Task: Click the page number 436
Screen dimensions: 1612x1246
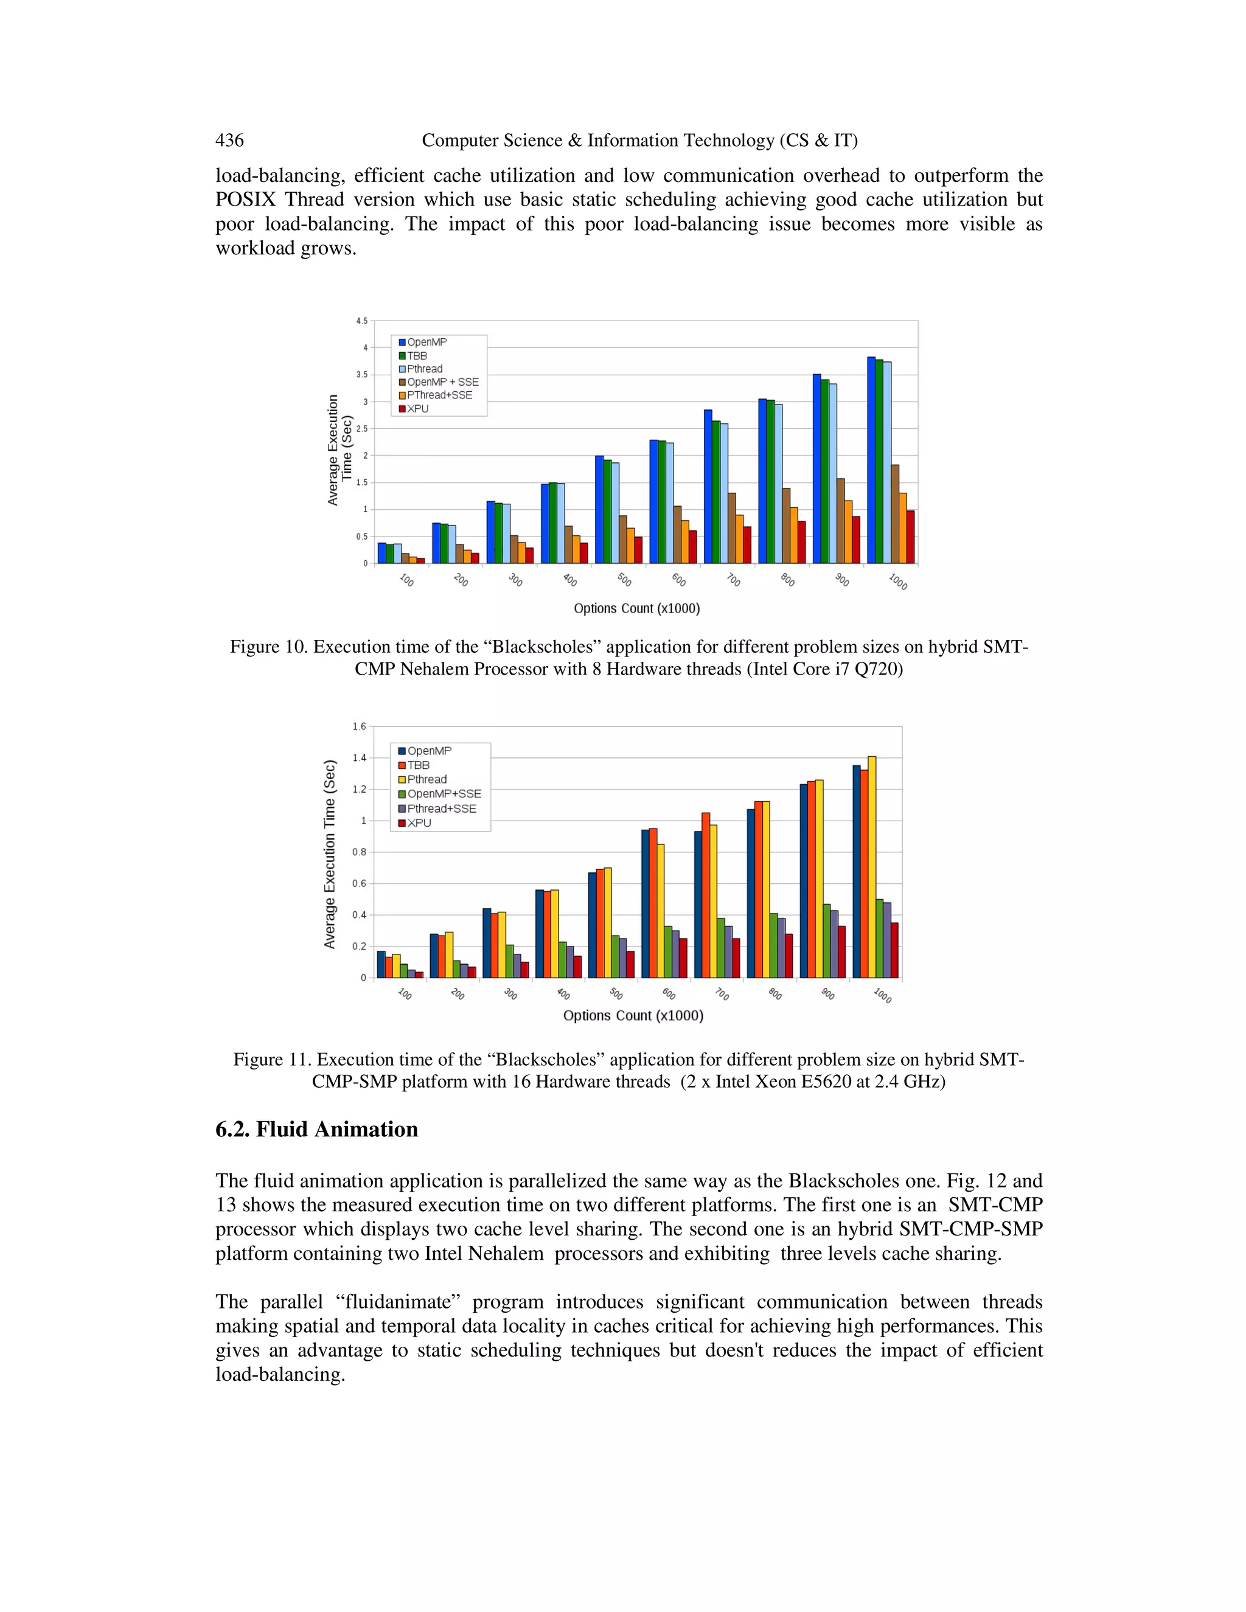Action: pos(229,141)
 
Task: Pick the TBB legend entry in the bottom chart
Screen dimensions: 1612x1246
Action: pos(418,765)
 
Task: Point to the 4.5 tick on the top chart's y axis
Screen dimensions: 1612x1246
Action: pos(361,321)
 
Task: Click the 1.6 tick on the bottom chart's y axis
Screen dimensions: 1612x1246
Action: pos(359,726)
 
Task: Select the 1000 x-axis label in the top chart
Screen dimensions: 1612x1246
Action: pos(897,582)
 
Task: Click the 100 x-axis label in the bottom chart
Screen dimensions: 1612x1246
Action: pos(405,993)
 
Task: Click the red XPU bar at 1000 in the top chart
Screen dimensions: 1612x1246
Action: pos(910,537)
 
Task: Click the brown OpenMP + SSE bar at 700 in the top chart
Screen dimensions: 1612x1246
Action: pos(731,529)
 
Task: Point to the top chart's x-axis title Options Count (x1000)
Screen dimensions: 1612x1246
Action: pos(636,608)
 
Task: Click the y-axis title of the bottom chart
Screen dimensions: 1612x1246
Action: pos(330,854)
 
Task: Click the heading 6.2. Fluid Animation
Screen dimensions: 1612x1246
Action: pos(316,1129)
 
